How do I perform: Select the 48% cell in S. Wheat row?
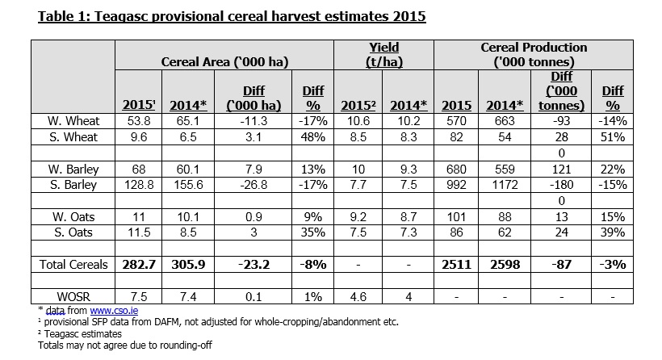pyautogui.click(x=311, y=137)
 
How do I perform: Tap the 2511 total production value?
pyautogui.click(x=457, y=263)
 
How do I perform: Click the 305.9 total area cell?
pyautogui.click(x=186, y=263)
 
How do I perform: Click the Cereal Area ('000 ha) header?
pyautogui.click(x=225, y=61)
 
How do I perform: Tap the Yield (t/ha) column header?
pyautogui.click(x=383, y=54)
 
